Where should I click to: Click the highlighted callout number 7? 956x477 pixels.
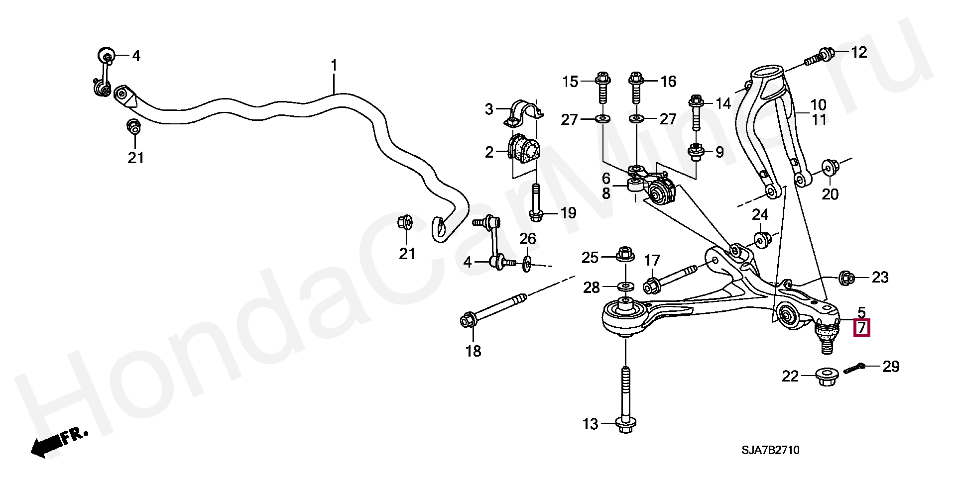click(x=861, y=328)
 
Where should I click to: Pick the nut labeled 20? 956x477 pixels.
click(x=829, y=168)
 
